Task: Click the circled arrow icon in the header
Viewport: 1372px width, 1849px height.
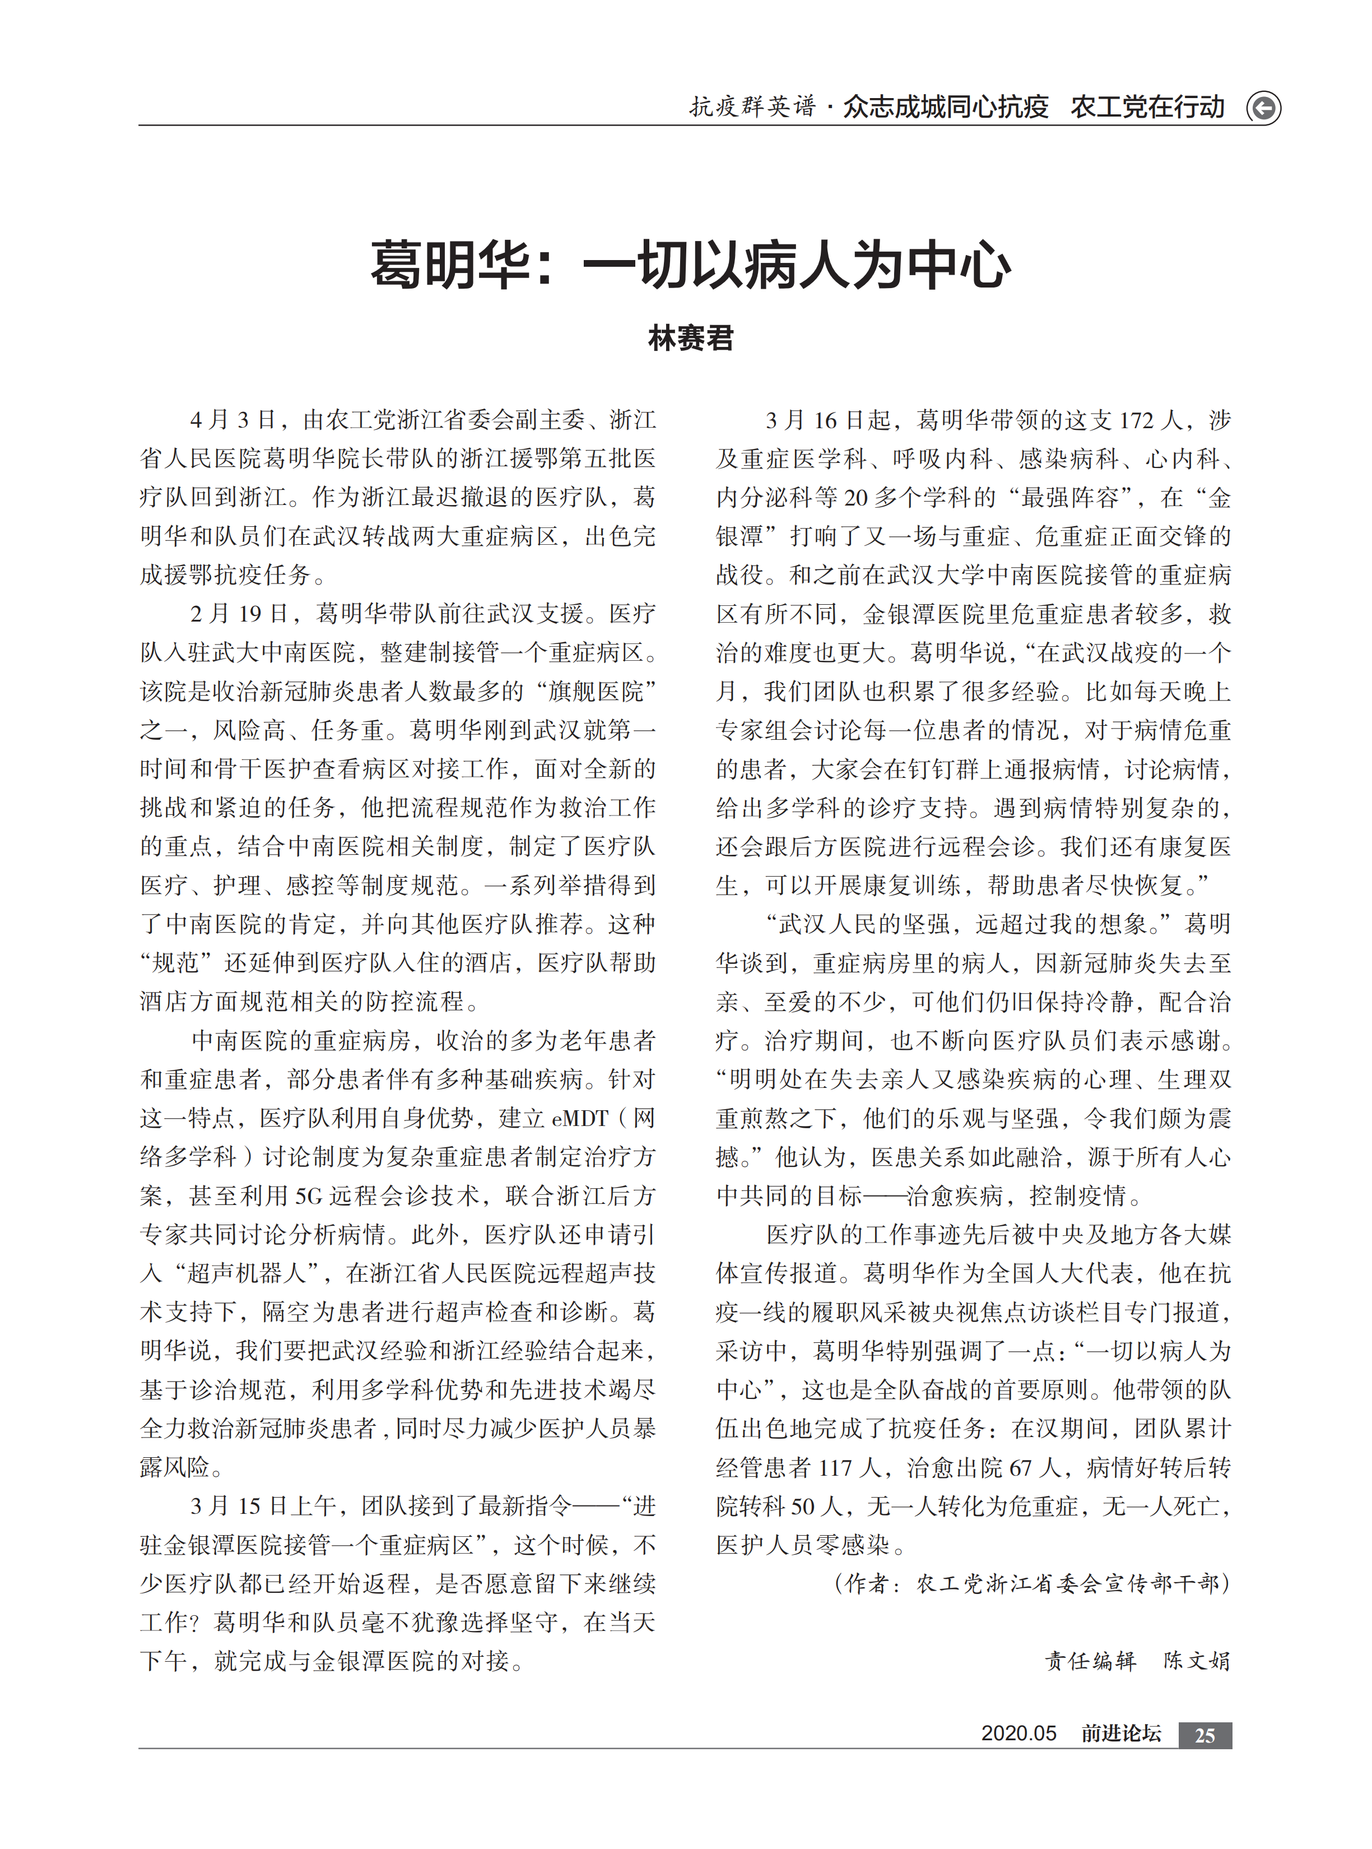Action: coord(1263,108)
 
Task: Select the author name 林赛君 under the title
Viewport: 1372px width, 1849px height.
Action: coord(690,338)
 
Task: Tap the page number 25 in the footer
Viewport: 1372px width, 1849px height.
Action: coord(1204,1735)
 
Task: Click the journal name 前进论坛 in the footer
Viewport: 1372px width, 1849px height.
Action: coord(1120,1734)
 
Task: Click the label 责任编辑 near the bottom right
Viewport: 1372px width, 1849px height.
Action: coord(1090,1661)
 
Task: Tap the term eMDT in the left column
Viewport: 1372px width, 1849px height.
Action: coord(580,1119)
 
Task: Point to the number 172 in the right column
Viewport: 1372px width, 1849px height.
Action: coord(1136,420)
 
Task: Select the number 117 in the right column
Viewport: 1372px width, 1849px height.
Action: coord(835,1468)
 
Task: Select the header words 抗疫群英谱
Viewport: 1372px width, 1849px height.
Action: coord(752,107)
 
